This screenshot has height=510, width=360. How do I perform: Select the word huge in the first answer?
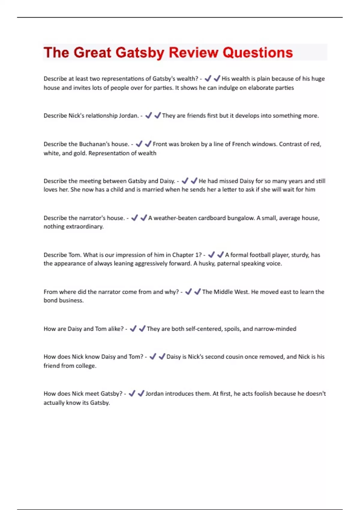point(318,79)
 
